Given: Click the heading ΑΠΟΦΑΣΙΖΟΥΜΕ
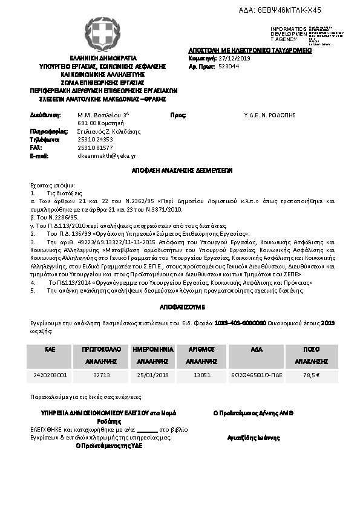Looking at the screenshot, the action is pyautogui.click(x=180, y=306).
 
